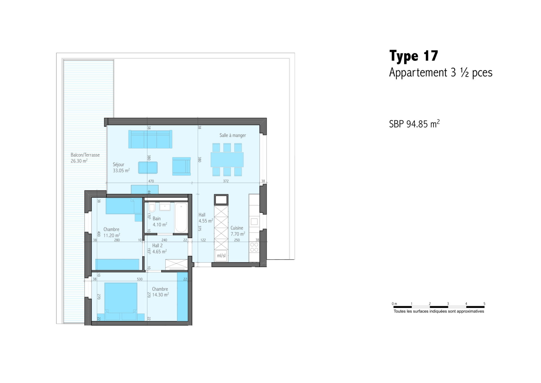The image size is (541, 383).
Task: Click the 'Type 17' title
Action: (x=413, y=56)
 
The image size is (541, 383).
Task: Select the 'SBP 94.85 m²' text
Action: (x=414, y=124)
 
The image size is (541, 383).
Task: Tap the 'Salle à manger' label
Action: (x=233, y=135)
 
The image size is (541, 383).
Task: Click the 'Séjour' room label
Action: (x=119, y=164)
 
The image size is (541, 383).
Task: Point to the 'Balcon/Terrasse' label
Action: (x=85, y=155)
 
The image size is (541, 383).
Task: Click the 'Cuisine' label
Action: (x=237, y=228)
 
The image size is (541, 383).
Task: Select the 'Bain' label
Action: (x=157, y=219)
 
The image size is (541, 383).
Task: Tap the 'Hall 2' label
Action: (x=157, y=246)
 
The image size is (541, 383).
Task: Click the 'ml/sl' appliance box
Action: (x=221, y=256)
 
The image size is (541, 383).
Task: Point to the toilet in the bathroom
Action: (x=152, y=208)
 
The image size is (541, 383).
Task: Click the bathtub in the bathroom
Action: (x=181, y=217)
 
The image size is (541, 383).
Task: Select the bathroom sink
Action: (x=165, y=207)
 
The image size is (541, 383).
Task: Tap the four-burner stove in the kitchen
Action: (x=254, y=247)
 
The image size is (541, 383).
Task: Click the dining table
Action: (x=227, y=160)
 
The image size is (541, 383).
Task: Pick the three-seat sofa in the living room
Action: (x=150, y=139)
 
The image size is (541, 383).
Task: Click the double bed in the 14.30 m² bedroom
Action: (x=121, y=301)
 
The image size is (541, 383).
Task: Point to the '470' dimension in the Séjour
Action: (x=151, y=181)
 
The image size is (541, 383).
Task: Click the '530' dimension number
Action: (x=140, y=279)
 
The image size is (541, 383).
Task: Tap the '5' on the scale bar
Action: (x=484, y=304)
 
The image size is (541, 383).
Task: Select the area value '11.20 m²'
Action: (x=112, y=235)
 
